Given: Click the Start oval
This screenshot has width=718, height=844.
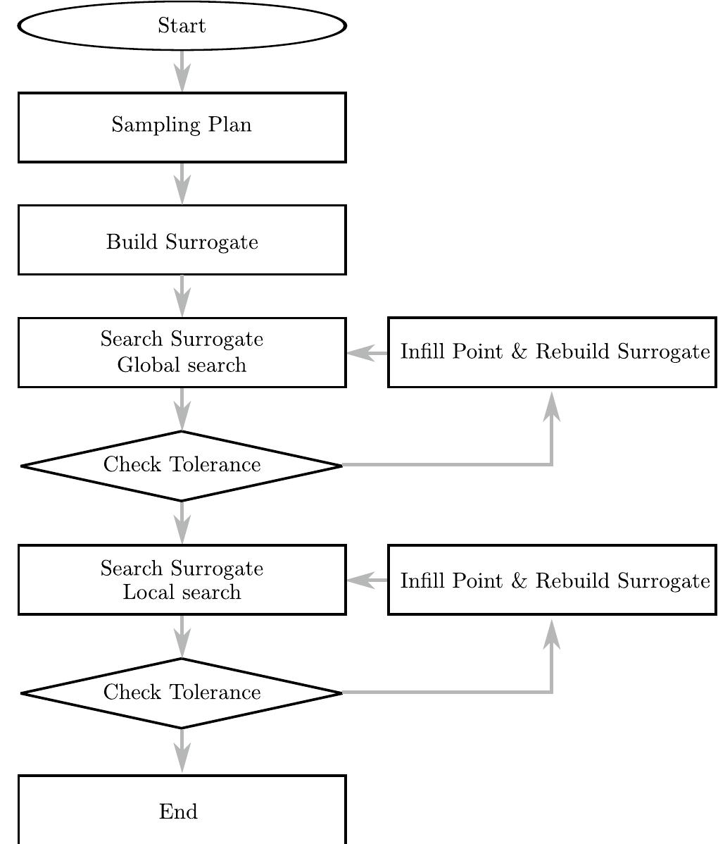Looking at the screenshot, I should [182, 26].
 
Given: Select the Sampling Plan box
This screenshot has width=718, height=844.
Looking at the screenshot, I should [182, 127].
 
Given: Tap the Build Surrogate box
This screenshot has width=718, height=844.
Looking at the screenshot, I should [182, 240].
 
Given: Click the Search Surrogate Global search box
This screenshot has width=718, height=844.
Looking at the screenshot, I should [182, 352].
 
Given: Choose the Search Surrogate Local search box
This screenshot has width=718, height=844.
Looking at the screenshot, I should [182, 580].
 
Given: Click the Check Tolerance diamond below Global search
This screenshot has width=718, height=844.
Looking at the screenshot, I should [182, 466].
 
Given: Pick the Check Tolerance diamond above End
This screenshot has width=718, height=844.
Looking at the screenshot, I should [182, 693].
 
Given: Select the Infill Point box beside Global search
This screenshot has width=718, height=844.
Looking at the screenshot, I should [553, 352].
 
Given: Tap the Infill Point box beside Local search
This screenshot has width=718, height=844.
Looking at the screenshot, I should [553, 580].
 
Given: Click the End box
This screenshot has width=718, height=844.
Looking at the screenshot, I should [182, 810].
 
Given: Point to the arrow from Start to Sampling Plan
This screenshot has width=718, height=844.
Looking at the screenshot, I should [182, 71].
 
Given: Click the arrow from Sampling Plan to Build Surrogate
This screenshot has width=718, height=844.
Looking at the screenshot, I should [182, 184].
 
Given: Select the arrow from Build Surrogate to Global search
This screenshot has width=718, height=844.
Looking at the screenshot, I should [182, 296].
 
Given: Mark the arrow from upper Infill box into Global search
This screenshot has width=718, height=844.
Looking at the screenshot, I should [367, 353].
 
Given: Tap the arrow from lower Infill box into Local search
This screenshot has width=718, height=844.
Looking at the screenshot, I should [367, 580].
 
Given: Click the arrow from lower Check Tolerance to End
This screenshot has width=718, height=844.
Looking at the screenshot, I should [182, 751].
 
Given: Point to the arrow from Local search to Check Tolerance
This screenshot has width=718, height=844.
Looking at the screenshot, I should [182, 637].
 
